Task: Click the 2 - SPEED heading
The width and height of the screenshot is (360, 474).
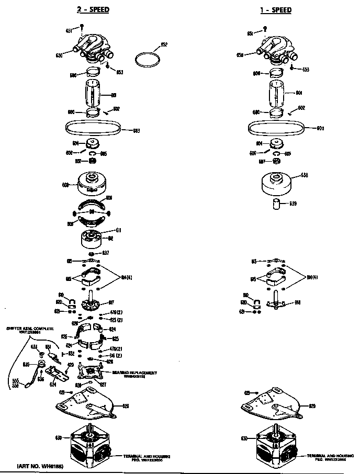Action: click(94, 9)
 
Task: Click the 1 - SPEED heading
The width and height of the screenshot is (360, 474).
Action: click(275, 9)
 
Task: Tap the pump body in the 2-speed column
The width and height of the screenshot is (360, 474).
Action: click(95, 48)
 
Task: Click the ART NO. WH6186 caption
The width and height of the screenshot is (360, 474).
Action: click(39, 465)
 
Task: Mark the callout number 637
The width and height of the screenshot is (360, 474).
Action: click(105, 253)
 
